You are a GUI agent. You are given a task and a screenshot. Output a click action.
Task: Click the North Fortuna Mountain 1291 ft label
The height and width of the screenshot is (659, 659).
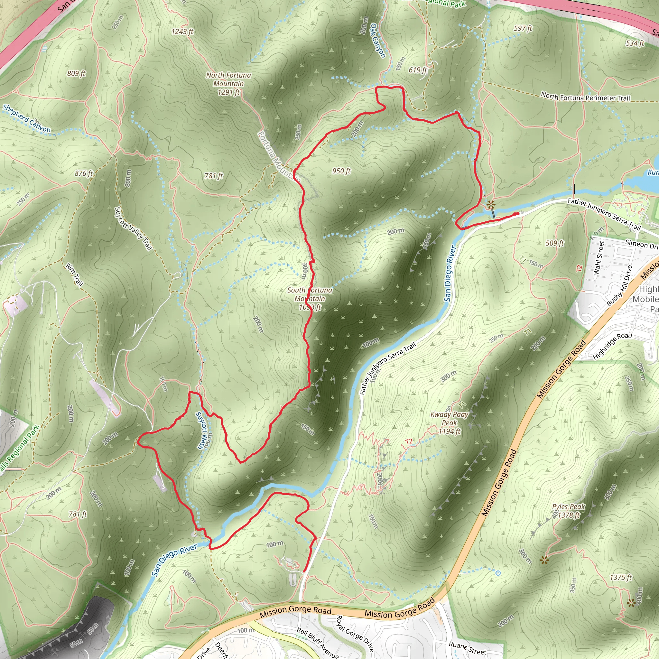tap(228, 84)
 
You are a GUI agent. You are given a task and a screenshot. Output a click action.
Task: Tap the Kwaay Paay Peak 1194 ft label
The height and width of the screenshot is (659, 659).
tap(449, 423)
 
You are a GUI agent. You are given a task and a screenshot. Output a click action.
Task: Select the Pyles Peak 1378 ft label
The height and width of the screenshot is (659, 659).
tap(569, 511)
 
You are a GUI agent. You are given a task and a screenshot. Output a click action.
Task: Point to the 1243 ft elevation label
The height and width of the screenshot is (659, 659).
tap(182, 32)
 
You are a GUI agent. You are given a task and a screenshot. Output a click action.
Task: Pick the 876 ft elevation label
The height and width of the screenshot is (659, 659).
tap(84, 173)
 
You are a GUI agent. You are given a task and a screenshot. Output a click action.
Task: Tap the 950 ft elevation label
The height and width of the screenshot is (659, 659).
tap(341, 171)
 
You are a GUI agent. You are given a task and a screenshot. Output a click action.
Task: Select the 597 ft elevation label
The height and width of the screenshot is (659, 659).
tap(523, 28)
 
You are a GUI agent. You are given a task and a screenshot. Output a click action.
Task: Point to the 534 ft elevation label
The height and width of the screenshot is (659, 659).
tap(635, 43)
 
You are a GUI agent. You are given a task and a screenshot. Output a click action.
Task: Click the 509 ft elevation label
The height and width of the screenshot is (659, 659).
tap(555, 243)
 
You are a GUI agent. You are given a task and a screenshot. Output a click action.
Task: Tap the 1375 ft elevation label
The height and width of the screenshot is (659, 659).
tap(620, 578)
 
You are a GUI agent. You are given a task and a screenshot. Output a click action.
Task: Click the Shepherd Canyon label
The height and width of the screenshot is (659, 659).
tap(27, 118)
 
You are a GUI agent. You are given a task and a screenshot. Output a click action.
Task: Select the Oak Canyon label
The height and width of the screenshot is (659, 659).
tap(378, 41)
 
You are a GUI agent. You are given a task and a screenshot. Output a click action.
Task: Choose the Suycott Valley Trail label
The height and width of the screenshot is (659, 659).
tap(133, 228)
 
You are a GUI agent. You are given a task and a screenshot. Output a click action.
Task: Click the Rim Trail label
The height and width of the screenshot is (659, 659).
tap(74, 274)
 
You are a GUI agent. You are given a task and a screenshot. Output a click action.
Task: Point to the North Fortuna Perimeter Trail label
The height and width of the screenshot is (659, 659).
tap(585, 97)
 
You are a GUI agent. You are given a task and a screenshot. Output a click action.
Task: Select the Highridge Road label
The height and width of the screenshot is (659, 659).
tap(612, 345)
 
